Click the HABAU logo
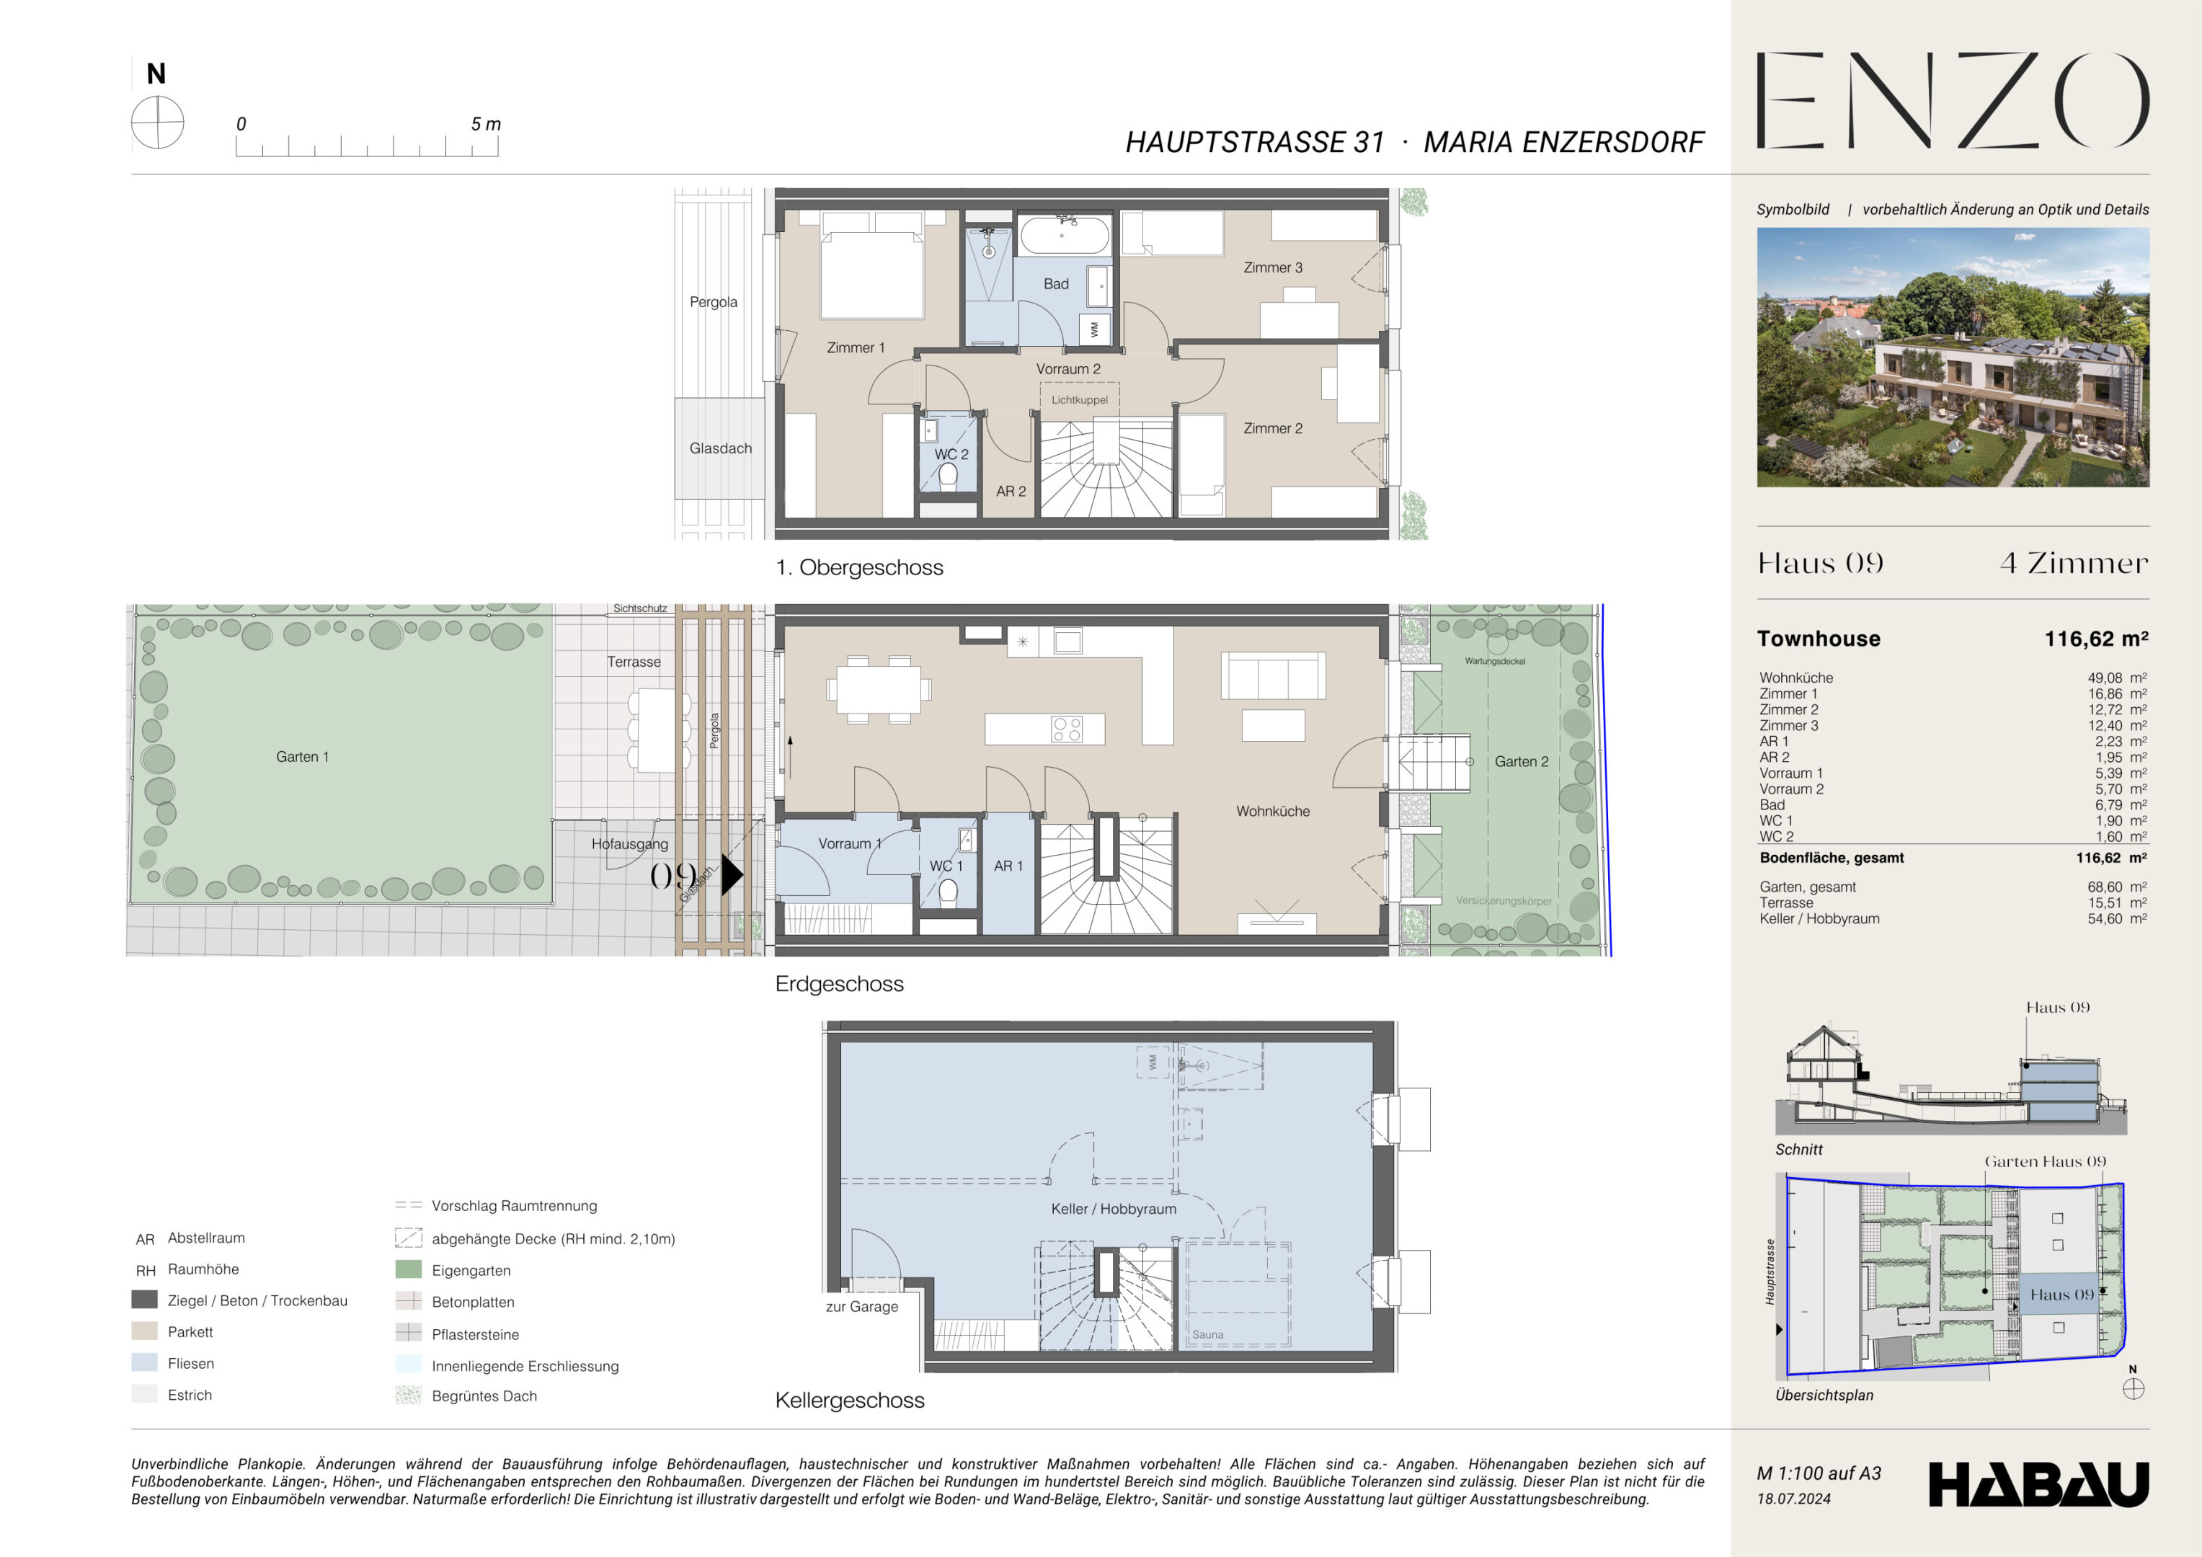click(2039, 1484)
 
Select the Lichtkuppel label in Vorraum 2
click(1079, 400)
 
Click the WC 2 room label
click(951, 455)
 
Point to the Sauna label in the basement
click(1207, 1334)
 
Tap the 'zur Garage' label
click(861, 1307)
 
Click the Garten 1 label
click(302, 757)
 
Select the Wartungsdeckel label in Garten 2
click(1494, 661)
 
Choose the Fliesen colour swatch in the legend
click(145, 1362)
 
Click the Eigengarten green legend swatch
click(409, 1269)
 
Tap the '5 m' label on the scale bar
click(485, 124)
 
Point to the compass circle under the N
click(157, 124)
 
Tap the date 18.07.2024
click(1793, 1499)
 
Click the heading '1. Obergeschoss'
click(859, 568)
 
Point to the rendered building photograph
click(1953, 357)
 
